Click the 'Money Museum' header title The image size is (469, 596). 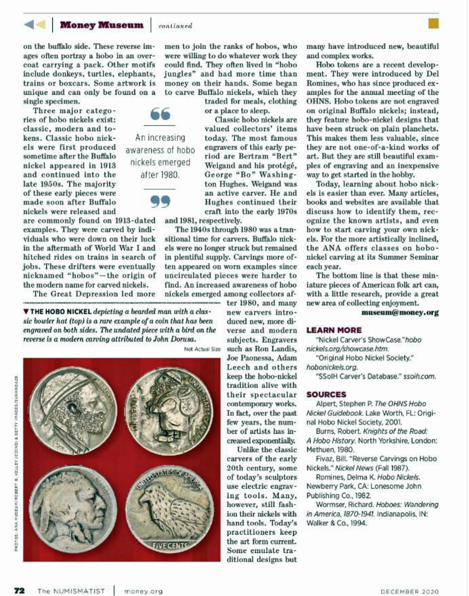tap(102, 25)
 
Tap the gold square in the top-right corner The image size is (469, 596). tap(433, 24)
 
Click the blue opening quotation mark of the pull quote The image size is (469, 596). tap(160, 114)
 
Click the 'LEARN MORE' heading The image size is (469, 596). tap(334, 330)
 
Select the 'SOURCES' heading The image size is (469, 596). tap(326, 394)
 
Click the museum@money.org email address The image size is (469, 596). tap(400, 312)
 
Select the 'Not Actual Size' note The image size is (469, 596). tap(202, 349)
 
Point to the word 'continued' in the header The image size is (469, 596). tap(175, 26)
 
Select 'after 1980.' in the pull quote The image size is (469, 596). tap(160, 175)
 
